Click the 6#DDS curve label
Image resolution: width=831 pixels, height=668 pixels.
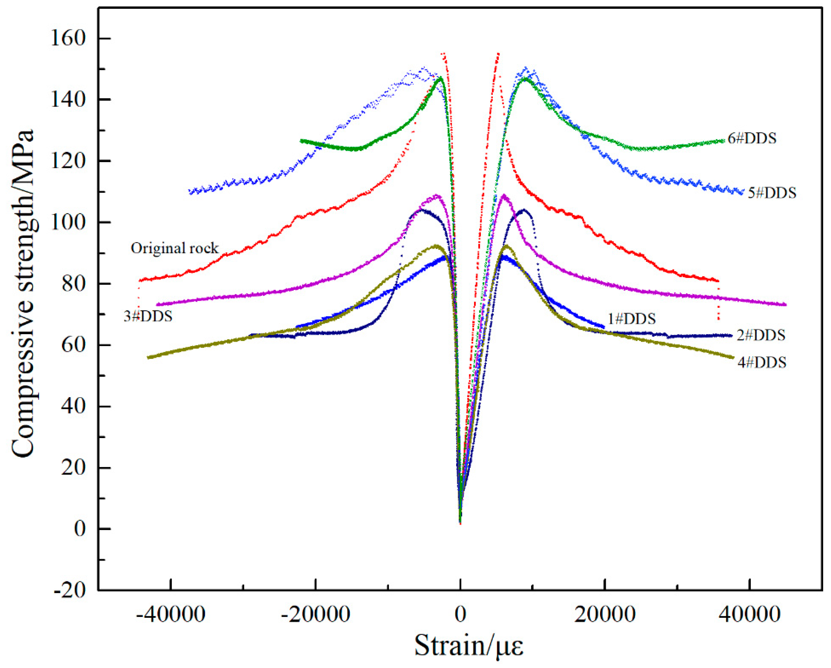(752, 139)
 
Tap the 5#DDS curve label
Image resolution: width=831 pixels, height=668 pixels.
(772, 193)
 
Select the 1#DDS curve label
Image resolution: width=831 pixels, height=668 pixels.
(631, 319)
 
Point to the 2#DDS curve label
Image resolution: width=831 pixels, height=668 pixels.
(761, 335)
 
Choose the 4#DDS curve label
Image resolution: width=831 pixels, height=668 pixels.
(762, 362)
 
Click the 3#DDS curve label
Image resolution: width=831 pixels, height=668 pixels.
(148, 316)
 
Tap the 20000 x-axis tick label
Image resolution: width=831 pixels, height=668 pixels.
(605, 614)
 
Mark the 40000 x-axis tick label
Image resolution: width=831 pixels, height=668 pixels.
(749, 614)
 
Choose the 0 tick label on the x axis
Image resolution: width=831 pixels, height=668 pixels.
(460, 614)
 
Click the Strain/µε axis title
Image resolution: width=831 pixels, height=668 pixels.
(469, 646)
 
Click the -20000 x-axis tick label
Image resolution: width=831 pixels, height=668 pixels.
(315, 614)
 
